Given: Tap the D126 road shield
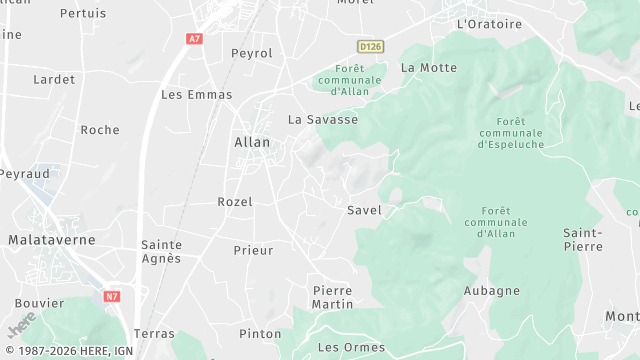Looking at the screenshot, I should tap(370, 46).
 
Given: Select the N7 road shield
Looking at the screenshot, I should tap(112, 297).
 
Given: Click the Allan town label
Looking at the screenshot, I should tap(252, 142).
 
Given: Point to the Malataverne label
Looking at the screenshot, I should tap(52, 240).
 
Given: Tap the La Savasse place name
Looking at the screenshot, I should tap(323, 119).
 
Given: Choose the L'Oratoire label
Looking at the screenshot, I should tap(489, 24).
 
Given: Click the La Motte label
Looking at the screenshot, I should tap(428, 68).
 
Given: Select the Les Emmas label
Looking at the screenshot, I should tap(196, 95).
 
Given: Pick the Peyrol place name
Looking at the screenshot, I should tap(251, 53).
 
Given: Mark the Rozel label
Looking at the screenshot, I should tap(235, 202).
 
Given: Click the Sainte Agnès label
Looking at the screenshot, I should tap(161, 251).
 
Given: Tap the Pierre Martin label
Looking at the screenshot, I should tap(332, 296).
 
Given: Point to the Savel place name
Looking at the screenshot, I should tap(364, 210).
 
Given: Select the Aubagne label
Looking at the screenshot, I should tap(492, 291).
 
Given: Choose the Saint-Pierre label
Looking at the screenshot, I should tap(582, 240).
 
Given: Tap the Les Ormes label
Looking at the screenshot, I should tap(343, 347).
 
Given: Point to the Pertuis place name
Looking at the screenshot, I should tap(83, 13).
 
